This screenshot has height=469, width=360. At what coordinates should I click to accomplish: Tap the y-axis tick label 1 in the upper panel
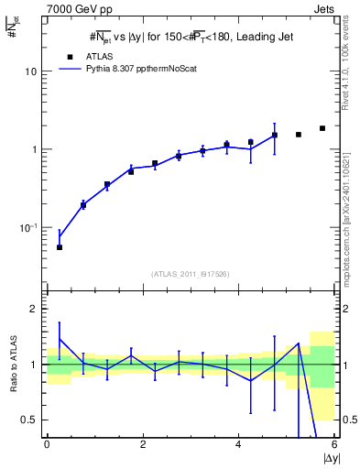(35, 149)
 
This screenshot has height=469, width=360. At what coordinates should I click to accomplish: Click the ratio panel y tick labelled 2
(35, 310)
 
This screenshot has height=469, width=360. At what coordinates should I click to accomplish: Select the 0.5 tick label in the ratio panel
(30, 420)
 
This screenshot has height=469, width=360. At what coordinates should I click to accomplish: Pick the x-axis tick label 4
(238, 444)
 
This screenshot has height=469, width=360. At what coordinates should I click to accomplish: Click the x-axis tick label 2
(143, 444)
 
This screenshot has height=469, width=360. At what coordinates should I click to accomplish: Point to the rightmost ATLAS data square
(322, 128)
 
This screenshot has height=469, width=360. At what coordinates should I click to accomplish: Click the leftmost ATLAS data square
(60, 247)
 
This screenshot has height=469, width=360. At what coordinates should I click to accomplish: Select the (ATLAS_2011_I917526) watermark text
(191, 274)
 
